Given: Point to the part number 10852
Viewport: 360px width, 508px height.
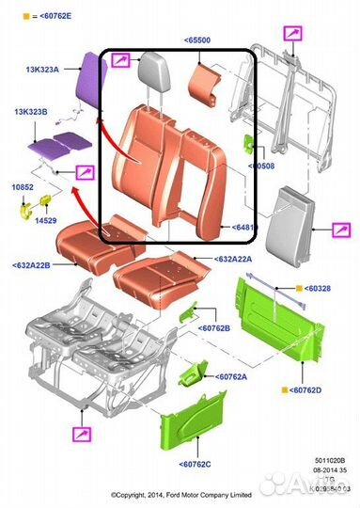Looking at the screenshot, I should tap(22, 188).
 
